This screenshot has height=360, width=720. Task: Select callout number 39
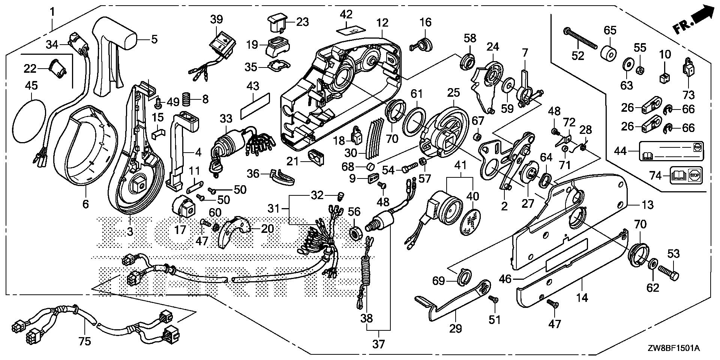pyautogui.click(x=216, y=19)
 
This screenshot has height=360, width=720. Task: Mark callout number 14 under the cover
pyautogui.click(x=582, y=298)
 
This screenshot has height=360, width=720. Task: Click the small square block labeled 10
pyautogui.click(x=664, y=78)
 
